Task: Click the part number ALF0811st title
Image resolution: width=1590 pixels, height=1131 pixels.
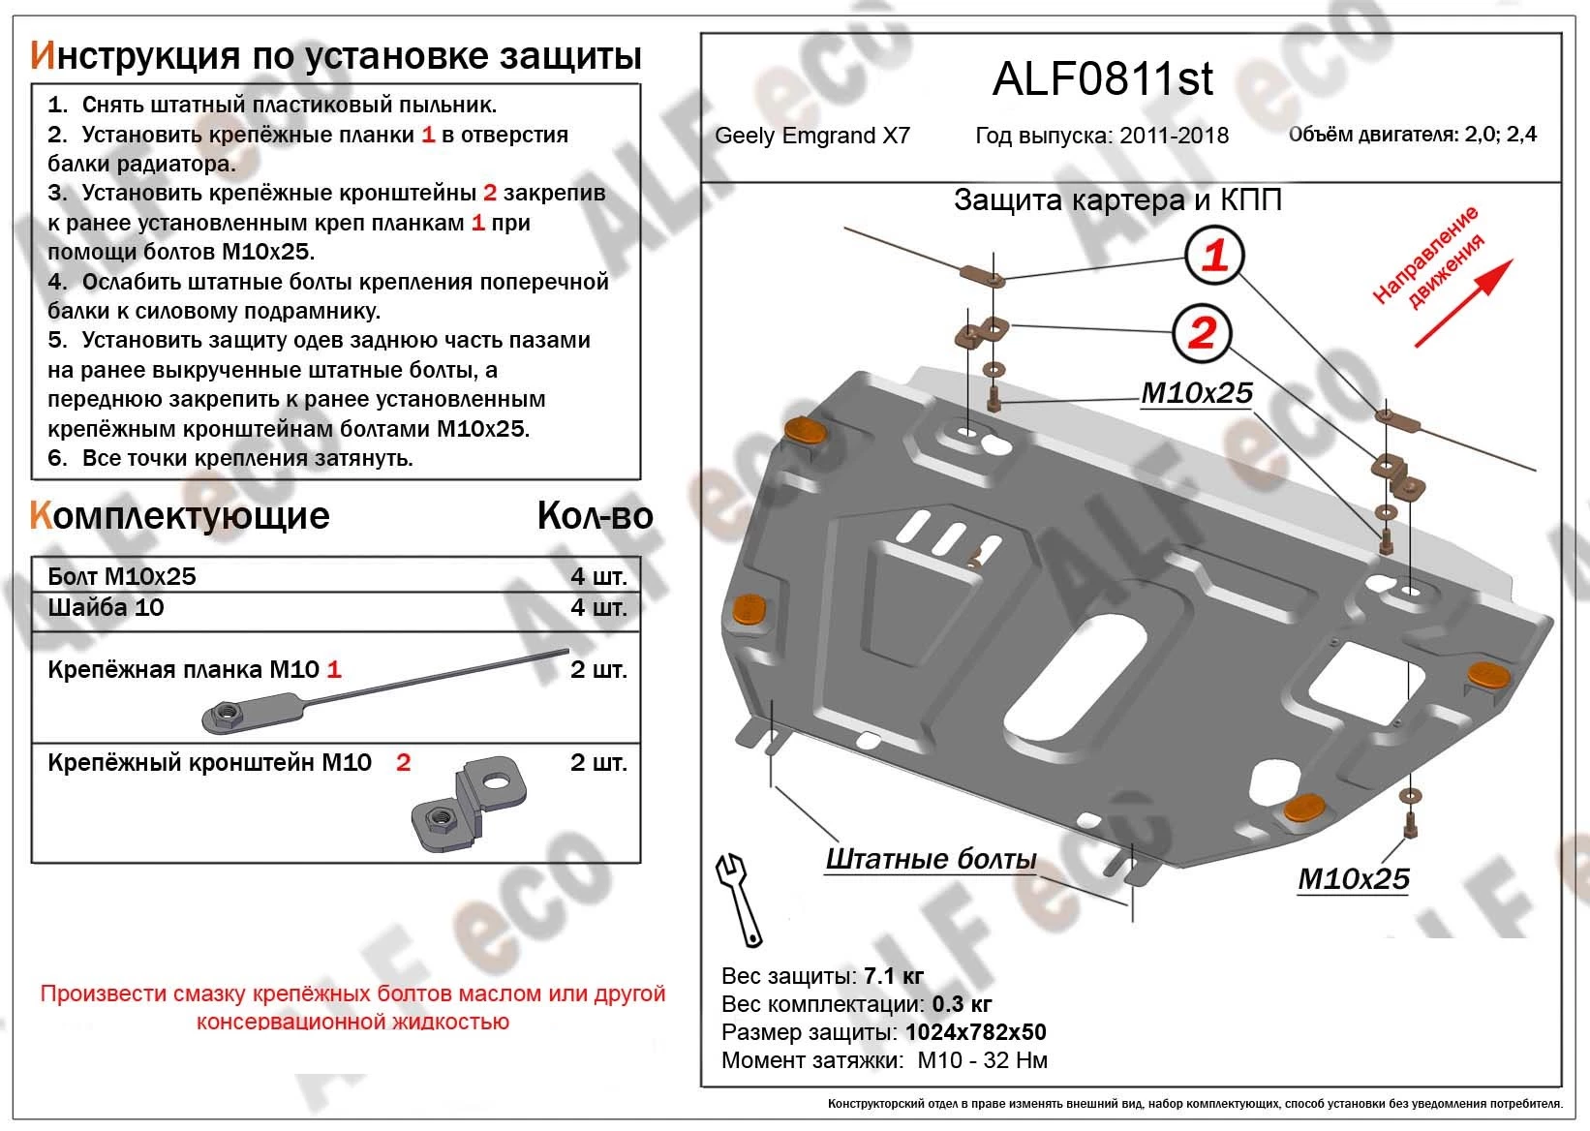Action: coord(1102,80)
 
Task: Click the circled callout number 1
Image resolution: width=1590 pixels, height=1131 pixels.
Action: coord(1214,256)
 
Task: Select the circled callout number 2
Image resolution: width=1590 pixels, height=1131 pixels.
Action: coord(1201,334)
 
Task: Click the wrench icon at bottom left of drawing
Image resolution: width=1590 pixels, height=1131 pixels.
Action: coord(739,899)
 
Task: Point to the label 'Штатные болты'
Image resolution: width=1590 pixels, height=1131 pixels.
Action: coord(931,859)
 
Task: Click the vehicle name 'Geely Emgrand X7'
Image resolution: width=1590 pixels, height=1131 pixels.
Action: coord(811,136)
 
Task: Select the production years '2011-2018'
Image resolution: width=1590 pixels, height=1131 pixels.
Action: coord(1174,136)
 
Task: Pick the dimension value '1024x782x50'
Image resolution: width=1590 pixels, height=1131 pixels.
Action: coord(975,1032)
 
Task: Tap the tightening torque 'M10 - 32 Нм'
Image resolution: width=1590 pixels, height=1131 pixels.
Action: coord(982,1060)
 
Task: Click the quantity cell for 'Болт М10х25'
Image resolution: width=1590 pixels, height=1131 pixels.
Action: coord(598,576)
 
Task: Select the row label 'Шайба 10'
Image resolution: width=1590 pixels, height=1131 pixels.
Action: coord(106,607)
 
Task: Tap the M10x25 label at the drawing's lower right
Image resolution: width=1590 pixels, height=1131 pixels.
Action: coord(1353,878)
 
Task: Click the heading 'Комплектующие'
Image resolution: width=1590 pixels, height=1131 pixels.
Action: coord(180,515)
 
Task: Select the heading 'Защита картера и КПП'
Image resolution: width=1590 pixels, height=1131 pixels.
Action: coord(1117,199)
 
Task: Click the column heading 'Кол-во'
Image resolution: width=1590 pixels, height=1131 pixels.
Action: coord(595,516)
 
